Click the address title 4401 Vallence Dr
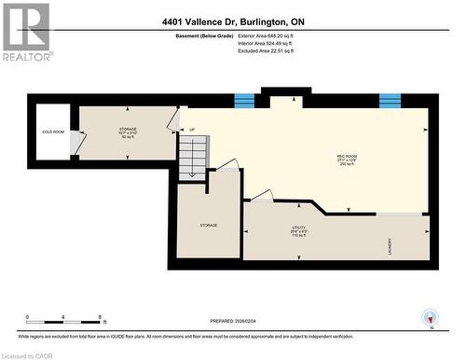231,21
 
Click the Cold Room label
52,132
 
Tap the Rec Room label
349,157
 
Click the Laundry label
390,246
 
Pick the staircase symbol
193,156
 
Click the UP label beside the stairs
193,130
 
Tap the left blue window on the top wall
243,100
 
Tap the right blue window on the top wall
390,100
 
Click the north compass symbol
430,319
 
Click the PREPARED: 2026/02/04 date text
229,321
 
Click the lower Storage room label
208,226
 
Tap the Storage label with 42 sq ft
128,132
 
